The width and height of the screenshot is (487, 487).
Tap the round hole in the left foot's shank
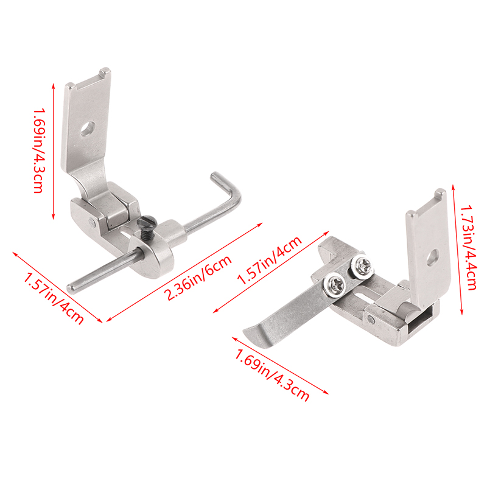[x=88, y=128]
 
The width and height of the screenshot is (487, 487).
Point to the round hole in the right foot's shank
[x=433, y=257]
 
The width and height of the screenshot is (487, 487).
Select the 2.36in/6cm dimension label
[x=199, y=278]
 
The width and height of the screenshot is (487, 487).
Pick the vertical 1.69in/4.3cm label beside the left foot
[x=39, y=150]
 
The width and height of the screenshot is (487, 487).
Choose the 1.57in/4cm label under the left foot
[x=54, y=298]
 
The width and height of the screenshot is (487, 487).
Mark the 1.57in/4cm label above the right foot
[x=269, y=261]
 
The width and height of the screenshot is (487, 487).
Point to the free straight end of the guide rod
[x=72, y=287]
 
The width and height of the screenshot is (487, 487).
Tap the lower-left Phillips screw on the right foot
[x=336, y=284]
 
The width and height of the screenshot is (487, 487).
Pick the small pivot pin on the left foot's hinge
[x=91, y=222]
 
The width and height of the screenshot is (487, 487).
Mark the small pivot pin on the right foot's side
[x=371, y=318]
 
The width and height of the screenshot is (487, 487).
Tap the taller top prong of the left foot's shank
[x=105, y=72]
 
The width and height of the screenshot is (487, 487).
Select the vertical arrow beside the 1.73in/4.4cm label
[x=457, y=250]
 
